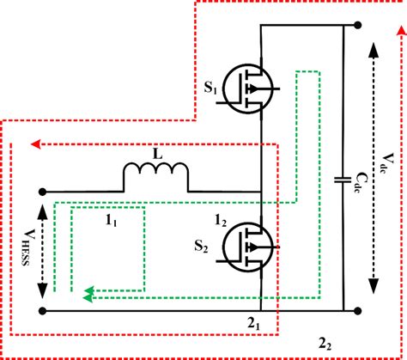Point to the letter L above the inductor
tap(155, 152)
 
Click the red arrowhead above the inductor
tap(34, 143)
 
